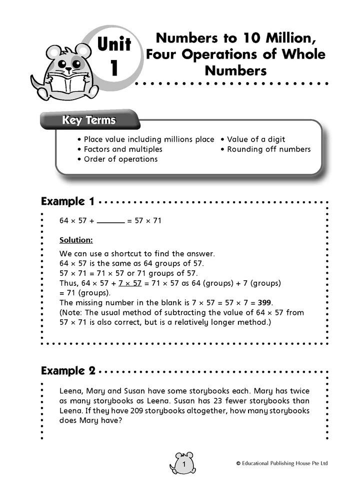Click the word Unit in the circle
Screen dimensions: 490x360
coord(114,45)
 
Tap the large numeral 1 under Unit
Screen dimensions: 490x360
coord(114,68)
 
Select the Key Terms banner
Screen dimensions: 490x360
coord(88,121)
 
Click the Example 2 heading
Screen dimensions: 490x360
coord(67,371)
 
